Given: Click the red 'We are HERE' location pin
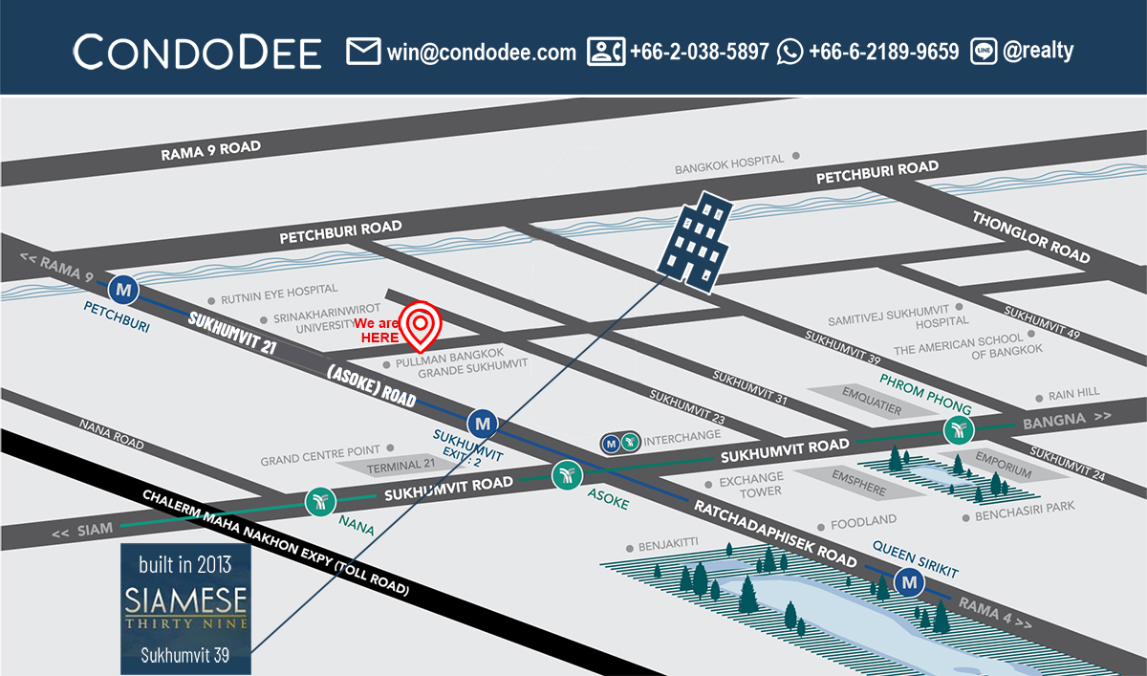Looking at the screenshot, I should tap(421, 325).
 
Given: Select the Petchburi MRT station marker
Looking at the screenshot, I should tap(123, 287).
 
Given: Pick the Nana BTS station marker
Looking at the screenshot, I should tap(319, 502).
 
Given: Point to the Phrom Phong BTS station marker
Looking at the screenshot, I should tap(957, 430).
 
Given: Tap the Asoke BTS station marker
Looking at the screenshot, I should tap(567, 474).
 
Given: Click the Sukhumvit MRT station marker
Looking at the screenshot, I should tap(483, 422).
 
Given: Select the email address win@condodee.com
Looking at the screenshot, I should tap(482, 52).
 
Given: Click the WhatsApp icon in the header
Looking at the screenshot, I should tap(790, 52).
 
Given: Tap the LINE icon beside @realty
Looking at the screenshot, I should tap(984, 52).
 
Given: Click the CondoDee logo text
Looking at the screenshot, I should tap(197, 52).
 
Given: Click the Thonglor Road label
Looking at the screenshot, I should tap(1030, 236).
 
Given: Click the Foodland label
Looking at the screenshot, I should tap(863, 520).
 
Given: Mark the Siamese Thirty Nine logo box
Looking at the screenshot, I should tap(186, 608).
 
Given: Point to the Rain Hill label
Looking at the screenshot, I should tap(1073, 393).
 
